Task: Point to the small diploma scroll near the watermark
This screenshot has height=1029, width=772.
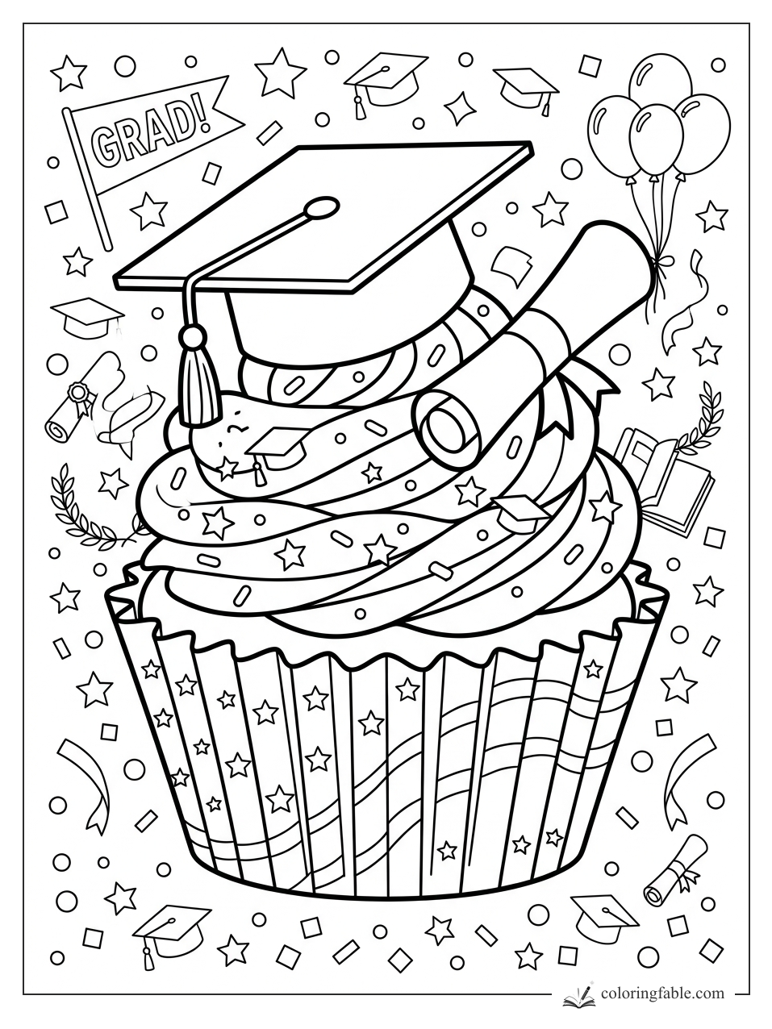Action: tap(675, 879)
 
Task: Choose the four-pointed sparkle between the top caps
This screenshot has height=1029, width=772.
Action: tap(457, 108)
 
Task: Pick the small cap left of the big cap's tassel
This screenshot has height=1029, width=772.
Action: tap(87, 316)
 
